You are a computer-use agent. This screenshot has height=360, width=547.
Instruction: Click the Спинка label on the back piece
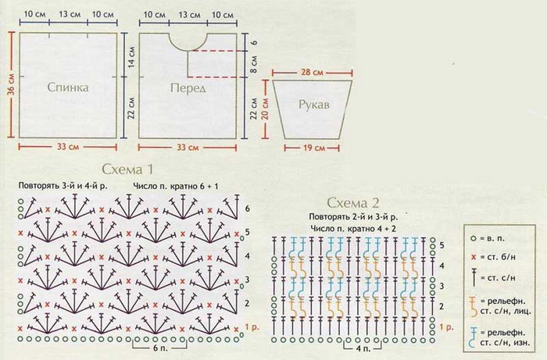(68, 87)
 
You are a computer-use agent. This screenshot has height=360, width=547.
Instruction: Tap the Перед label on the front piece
(188, 88)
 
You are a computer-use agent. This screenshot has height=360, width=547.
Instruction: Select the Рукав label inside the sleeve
(313, 105)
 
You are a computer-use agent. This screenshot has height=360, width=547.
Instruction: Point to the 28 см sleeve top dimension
(313, 73)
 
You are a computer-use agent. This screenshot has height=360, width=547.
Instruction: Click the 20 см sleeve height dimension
(265, 109)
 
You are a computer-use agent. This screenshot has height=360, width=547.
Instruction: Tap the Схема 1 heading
(127, 169)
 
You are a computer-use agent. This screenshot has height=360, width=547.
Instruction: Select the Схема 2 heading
(353, 203)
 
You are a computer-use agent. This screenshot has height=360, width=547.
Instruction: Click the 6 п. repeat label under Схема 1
(160, 349)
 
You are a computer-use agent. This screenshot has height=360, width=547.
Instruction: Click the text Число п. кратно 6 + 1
(176, 186)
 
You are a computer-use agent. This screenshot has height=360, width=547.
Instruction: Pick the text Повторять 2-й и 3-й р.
(353, 217)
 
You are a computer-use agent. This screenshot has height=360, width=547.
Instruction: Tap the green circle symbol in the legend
(473, 239)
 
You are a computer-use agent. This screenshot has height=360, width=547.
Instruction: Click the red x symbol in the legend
(474, 258)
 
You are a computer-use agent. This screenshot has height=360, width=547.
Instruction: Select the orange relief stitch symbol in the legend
(474, 306)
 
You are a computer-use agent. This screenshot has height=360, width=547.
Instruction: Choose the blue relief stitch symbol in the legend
(474, 337)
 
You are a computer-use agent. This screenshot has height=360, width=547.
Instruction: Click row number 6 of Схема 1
(248, 209)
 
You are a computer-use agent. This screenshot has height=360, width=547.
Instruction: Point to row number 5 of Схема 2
(442, 245)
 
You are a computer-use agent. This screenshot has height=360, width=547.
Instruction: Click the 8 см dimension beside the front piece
(254, 65)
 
